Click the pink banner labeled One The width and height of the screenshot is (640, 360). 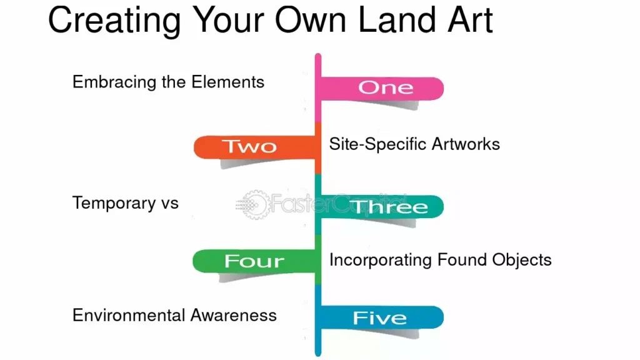[x=382, y=88]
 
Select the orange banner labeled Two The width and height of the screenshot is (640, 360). [x=255, y=147]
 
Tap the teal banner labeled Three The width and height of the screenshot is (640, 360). [x=382, y=206]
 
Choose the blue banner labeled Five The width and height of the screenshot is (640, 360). [x=382, y=317]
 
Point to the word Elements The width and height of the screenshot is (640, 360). [x=227, y=82]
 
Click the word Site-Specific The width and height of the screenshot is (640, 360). [x=377, y=144]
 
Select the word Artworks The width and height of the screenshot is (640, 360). [x=466, y=144]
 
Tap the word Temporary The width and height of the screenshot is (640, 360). [x=114, y=203]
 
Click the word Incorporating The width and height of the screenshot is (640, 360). [x=381, y=261]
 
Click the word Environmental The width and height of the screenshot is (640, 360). [x=129, y=316]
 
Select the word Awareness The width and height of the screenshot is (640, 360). [x=234, y=316]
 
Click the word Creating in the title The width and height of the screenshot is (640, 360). [x=115, y=21]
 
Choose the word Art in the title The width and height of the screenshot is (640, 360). [x=470, y=20]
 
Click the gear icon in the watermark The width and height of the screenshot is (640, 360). [x=256, y=204]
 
